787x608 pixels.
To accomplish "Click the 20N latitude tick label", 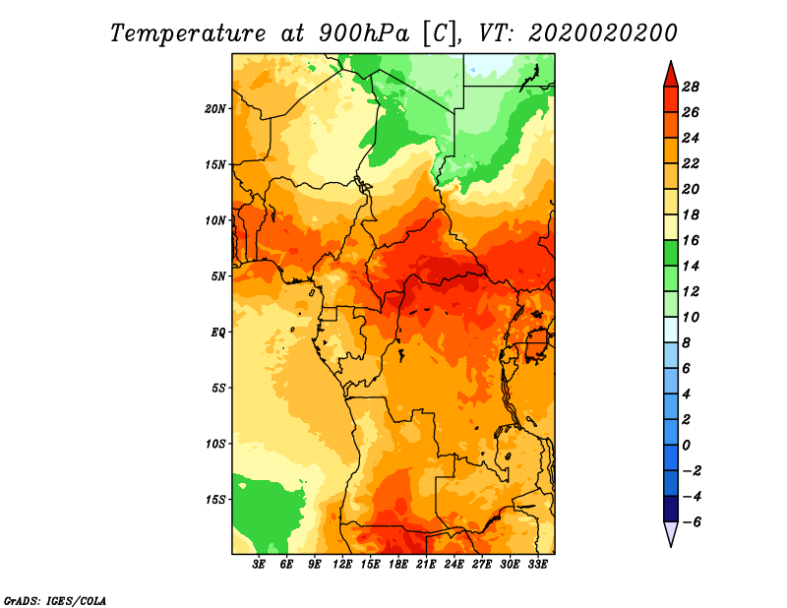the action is pos(215,109).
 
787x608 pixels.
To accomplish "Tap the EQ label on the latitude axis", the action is pos(218,333).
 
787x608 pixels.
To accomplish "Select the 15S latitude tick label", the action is pos(215,500).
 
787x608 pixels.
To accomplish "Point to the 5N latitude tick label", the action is pos(218,276).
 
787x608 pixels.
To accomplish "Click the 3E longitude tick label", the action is pos(259,565).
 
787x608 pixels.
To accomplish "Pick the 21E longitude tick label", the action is pos(426,565).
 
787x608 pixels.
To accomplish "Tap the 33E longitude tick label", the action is pos(537,565).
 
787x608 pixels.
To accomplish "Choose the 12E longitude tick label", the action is pos(342,565).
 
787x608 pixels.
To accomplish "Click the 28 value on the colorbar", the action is pos(691,88).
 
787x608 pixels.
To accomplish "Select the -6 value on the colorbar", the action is pos(692,522).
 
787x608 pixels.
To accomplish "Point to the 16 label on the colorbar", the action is pos(691,241).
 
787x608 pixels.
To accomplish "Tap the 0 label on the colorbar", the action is pos(686,446).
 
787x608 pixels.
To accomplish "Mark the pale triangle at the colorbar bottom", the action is pos(671,532).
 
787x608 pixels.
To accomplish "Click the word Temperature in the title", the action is pos(188,34).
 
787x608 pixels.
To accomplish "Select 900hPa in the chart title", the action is pos(364,34).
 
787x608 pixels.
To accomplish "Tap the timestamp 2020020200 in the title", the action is pos(602,34).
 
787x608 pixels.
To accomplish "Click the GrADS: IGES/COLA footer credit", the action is pos(55,601).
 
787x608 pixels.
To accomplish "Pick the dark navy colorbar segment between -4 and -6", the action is pos(671,509).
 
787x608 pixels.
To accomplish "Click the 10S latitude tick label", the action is pos(215,444).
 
